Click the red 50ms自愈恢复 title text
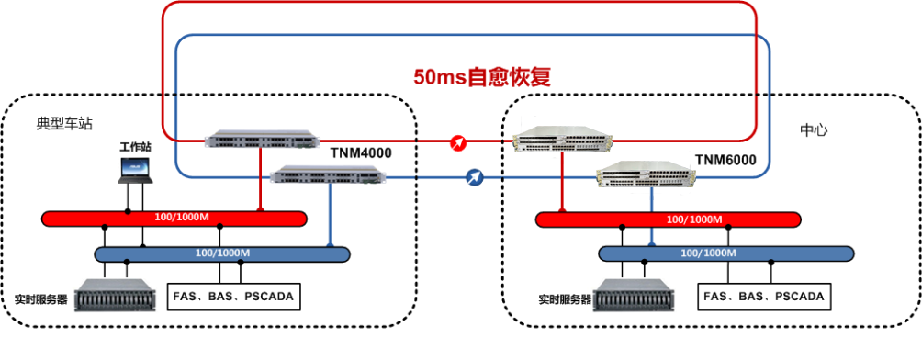[482, 78]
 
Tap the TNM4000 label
[362, 153]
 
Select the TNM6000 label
[725, 160]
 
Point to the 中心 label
[815, 129]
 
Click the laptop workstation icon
[135, 171]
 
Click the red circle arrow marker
[458, 143]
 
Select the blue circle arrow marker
[475, 177]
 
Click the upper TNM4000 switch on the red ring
[263, 139]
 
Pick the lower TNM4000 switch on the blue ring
[328, 174]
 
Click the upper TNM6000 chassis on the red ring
[563, 140]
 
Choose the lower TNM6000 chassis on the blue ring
[647, 174]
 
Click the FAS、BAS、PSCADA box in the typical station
[233, 296]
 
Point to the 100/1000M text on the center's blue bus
[709, 253]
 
